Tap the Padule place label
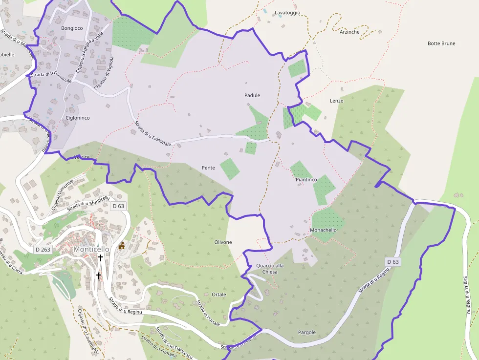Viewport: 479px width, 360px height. (x=252, y=95)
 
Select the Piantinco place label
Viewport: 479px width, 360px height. (x=306, y=180)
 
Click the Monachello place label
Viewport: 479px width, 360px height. (x=324, y=230)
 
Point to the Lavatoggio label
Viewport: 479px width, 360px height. (x=287, y=13)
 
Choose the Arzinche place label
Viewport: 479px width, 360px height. (x=349, y=32)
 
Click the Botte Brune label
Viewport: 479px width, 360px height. (x=441, y=43)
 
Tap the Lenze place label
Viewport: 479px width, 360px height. (x=337, y=101)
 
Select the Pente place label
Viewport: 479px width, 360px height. (x=208, y=168)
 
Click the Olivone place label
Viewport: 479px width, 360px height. (x=223, y=242)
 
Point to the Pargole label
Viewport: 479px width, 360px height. (x=307, y=332)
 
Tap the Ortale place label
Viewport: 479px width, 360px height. (x=219, y=295)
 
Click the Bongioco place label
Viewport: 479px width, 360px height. (x=72, y=28)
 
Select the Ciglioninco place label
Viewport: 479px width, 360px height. (x=77, y=118)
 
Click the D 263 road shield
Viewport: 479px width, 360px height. (x=43, y=250)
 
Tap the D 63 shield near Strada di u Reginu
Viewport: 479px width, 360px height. (x=393, y=262)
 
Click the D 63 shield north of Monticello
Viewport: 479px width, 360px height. (x=118, y=206)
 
